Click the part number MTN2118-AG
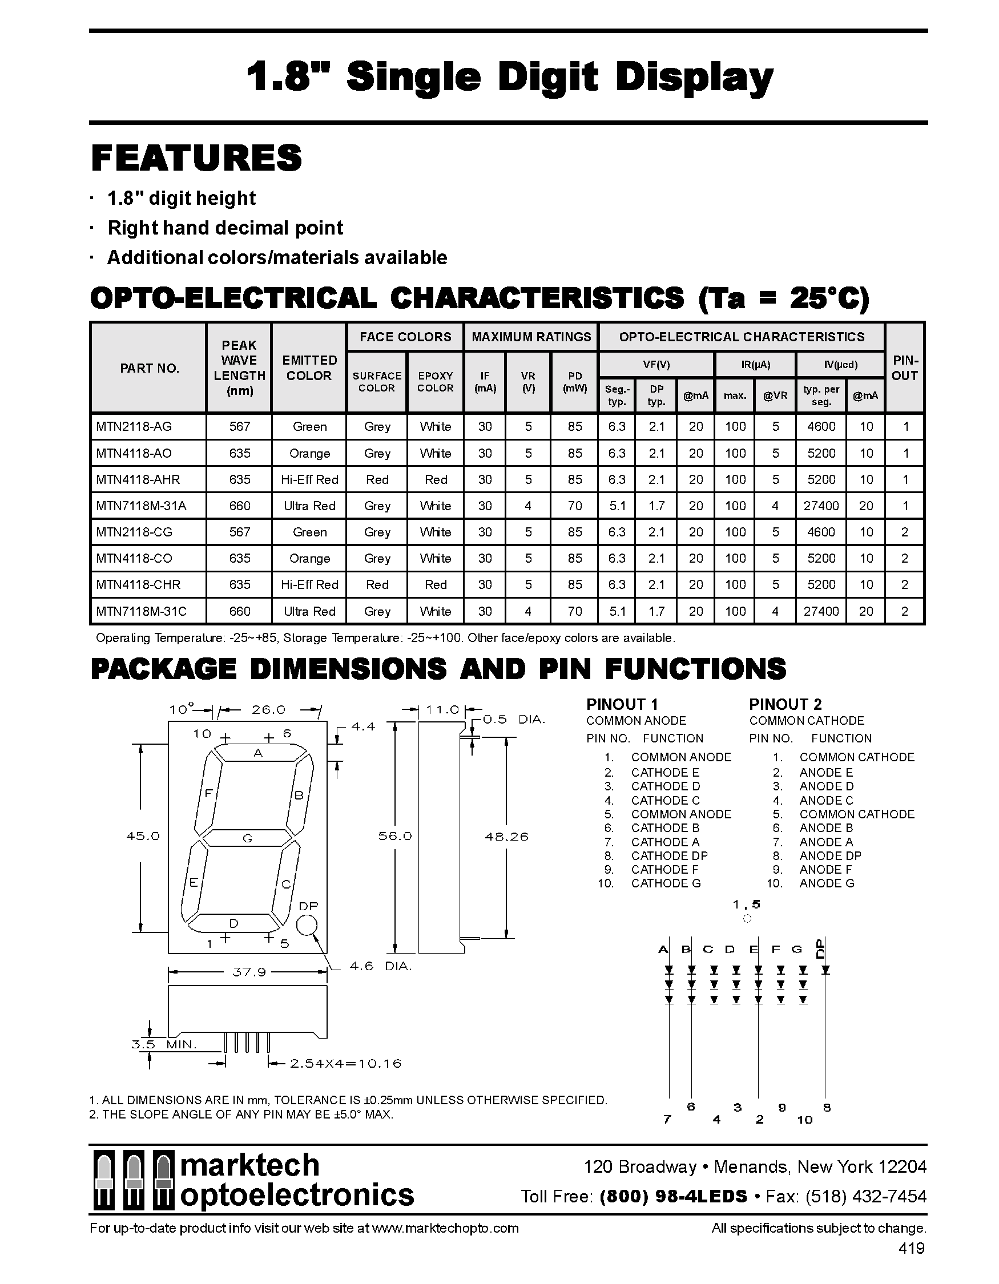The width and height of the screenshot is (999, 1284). (x=134, y=427)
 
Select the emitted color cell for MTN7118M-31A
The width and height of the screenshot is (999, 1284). (x=309, y=506)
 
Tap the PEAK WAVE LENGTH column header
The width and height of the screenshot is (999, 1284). (x=239, y=368)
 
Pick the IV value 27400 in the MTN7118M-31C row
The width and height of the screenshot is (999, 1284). (x=821, y=611)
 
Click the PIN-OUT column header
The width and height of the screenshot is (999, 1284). (x=904, y=368)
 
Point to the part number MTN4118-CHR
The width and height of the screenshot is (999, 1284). (x=138, y=585)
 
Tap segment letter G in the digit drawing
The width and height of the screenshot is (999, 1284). (x=248, y=838)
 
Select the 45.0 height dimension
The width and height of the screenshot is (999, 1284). (x=143, y=836)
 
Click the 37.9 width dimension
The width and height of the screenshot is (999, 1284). (x=249, y=972)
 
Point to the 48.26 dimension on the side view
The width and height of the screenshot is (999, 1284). (x=506, y=836)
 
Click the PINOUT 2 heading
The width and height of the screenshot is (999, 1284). (x=785, y=704)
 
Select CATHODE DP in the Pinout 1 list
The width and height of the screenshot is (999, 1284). (x=669, y=856)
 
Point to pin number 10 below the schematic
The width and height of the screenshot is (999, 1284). (x=804, y=1120)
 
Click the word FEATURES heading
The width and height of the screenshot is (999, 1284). (x=196, y=158)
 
